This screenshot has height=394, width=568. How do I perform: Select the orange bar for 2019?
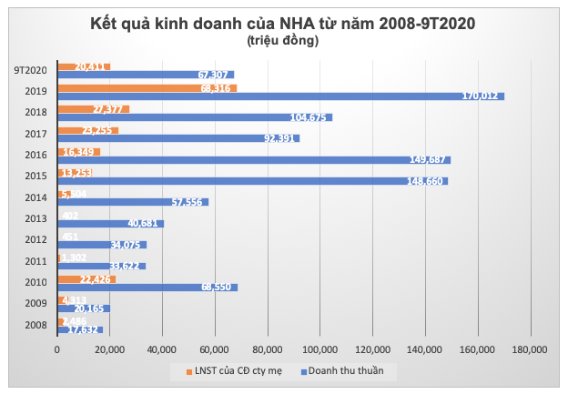click(x=147, y=88)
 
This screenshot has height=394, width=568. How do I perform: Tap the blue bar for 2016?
click(x=254, y=159)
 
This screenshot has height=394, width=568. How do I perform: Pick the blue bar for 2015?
click(x=252, y=180)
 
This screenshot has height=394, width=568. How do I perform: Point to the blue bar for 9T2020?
click(x=146, y=75)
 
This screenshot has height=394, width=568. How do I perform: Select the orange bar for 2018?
click(x=93, y=109)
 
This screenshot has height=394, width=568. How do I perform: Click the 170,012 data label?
click(x=482, y=96)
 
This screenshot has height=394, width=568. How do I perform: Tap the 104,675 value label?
click(x=310, y=117)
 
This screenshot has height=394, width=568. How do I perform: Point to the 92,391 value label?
click(x=279, y=138)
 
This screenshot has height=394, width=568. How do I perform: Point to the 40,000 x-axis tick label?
click(x=162, y=349)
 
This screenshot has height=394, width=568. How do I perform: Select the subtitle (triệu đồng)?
click(x=283, y=40)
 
